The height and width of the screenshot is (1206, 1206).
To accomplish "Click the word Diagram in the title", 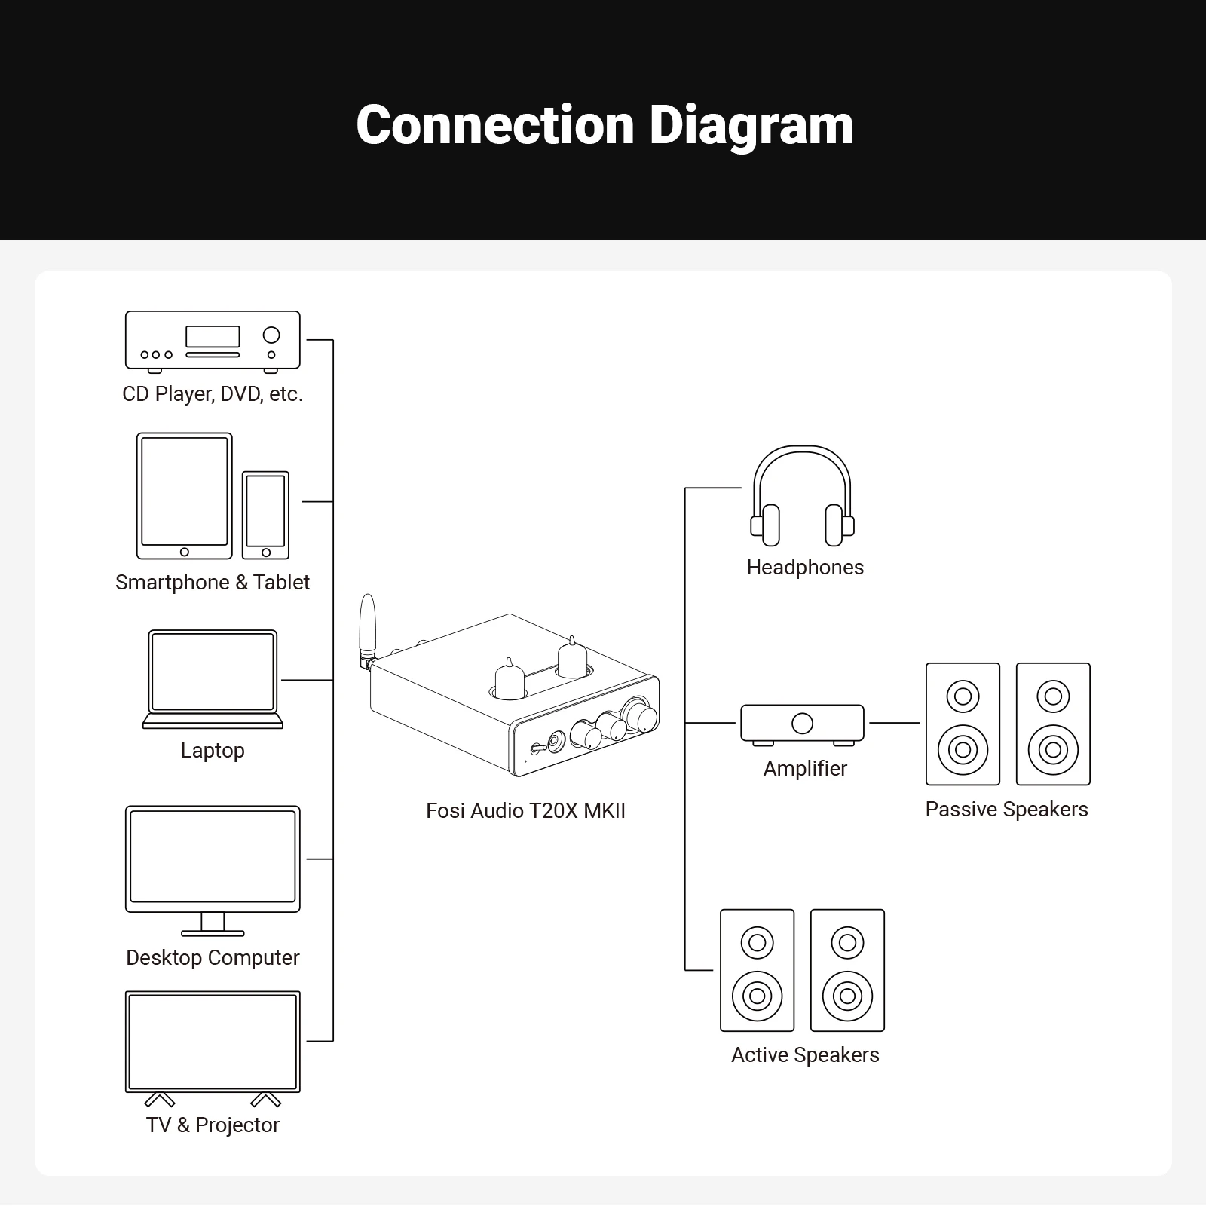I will (751, 125).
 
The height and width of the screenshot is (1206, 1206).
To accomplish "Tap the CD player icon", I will (213, 341).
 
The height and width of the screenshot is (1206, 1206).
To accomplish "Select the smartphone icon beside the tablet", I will (265, 515).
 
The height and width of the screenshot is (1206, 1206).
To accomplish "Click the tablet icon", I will (185, 495).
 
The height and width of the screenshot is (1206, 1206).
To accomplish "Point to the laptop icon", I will (213, 678).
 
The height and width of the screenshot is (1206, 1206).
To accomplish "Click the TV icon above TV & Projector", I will (213, 1042).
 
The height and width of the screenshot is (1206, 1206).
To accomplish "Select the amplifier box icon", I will (802, 724).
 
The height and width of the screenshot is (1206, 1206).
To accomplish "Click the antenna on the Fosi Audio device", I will (368, 626).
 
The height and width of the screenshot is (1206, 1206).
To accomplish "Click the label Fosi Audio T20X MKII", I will (525, 811).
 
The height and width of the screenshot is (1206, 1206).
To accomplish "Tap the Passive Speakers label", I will (1006, 810).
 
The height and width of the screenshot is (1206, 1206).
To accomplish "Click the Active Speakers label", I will (805, 1055).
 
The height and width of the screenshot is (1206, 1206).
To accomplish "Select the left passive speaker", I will (963, 724).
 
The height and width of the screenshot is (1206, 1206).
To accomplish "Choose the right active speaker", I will (847, 970).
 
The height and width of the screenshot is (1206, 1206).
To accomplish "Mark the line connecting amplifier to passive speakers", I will (895, 723).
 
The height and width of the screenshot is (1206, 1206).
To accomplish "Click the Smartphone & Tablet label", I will (213, 583).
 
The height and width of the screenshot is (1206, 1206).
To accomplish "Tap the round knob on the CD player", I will (271, 335).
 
